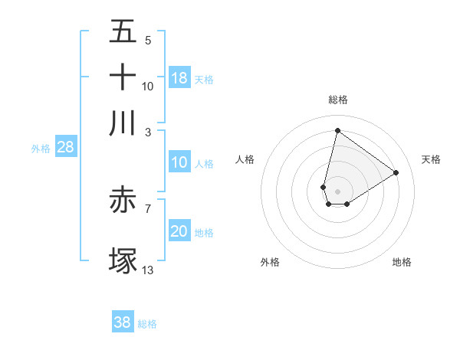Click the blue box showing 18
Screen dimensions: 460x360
(x=179, y=78)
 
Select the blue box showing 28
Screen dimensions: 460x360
(x=65, y=148)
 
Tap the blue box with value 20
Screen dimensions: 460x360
(x=179, y=232)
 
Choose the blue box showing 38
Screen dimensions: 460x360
(x=123, y=322)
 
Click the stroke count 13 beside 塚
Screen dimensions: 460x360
(x=148, y=270)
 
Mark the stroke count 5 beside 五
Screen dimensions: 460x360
(x=147, y=40)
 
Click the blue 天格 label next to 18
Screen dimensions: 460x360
(x=204, y=79)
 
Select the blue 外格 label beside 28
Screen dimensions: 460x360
(x=41, y=149)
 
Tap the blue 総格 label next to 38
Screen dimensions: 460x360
(x=147, y=324)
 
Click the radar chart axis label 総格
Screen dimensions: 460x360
(x=338, y=100)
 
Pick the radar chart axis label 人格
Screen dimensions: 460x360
(x=245, y=159)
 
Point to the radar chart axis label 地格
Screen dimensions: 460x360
(x=402, y=262)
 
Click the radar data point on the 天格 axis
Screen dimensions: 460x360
(x=396, y=173)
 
